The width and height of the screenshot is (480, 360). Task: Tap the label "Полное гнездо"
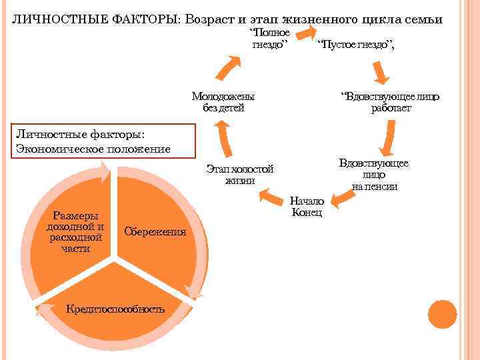(269, 39)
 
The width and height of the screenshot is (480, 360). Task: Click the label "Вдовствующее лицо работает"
(391, 102)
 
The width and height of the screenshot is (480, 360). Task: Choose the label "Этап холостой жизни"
(240, 174)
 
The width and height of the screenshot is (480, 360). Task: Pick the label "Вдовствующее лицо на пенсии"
(374, 175)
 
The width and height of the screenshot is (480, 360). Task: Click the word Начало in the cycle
(307, 201)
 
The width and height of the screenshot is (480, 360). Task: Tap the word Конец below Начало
(307, 213)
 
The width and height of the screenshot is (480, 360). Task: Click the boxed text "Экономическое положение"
(93, 148)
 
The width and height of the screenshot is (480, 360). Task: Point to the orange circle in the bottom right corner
(441, 314)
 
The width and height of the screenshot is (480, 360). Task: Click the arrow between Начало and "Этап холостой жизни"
(273, 195)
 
